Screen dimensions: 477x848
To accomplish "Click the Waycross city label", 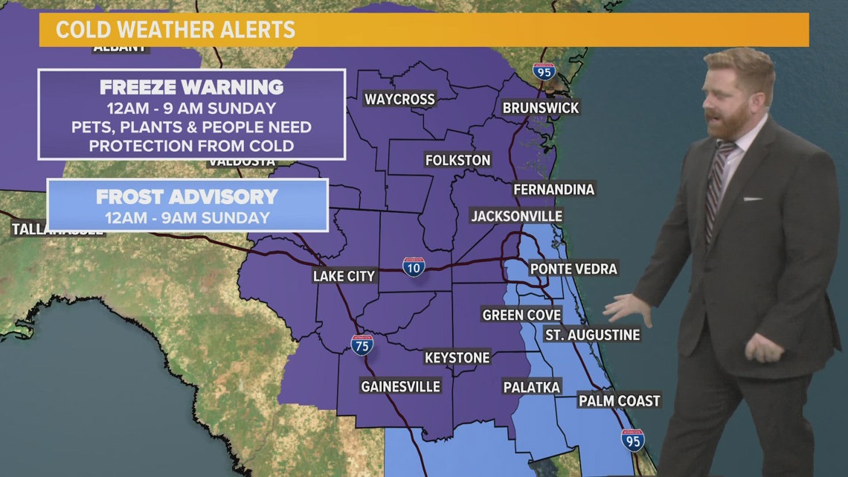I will click(x=399, y=100).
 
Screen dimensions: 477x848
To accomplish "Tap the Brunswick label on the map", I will click(x=541, y=108).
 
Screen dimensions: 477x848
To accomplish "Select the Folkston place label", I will click(x=457, y=160).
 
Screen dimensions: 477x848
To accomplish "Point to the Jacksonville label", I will click(x=516, y=216).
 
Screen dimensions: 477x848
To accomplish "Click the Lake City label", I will click(x=344, y=276).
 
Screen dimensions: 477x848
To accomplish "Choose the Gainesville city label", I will click(x=400, y=386).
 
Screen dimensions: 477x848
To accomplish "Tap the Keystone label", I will click(x=457, y=358).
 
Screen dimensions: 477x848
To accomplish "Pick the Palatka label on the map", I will click(x=531, y=386).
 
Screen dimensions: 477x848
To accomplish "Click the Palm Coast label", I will click(x=619, y=401).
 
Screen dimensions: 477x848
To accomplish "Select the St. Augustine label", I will click(x=592, y=335).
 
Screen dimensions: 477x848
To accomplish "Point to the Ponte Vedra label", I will click(x=573, y=269).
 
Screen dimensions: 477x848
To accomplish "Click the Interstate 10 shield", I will click(x=414, y=267).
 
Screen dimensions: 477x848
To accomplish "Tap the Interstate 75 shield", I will click(x=362, y=345).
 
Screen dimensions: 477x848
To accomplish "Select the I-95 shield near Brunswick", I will click(x=544, y=72).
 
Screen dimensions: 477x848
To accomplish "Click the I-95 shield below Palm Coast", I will click(x=632, y=440).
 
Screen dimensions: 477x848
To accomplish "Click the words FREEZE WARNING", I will click(x=191, y=86).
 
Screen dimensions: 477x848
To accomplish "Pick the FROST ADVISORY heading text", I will click(x=187, y=197).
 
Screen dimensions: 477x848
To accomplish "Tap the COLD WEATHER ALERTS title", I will click(x=176, y=31).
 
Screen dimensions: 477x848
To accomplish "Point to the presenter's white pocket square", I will click(x=752, y=199).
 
